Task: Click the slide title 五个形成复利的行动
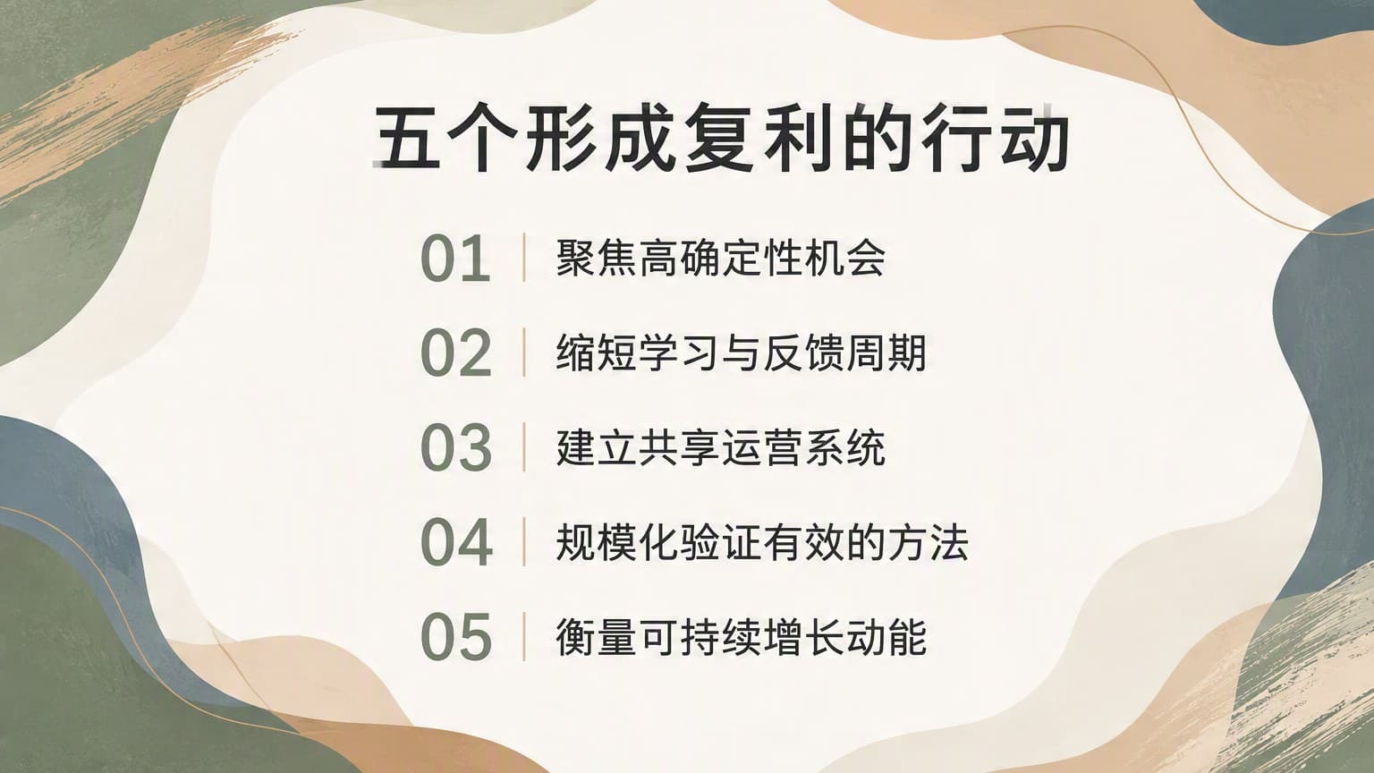(x=721, y=139)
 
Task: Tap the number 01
(x=455, y=259)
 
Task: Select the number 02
(x=455, y=353)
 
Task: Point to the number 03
(x=455, y=448)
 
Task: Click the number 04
(x=456, y=542)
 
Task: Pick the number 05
(x=456, y=637)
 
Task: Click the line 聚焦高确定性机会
(x=721, y=259)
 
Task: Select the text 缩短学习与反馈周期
(x=741, y=353)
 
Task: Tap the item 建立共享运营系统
(x=721, y=447)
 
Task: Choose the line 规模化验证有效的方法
(x=762, y=541)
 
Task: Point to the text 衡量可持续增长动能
(x=741, y=636)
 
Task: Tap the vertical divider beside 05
(x=524, y=636)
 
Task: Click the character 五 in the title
(x=407, y=139)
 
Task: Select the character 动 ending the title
(x=1035, y=139)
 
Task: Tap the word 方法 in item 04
(x=927, y=541)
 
